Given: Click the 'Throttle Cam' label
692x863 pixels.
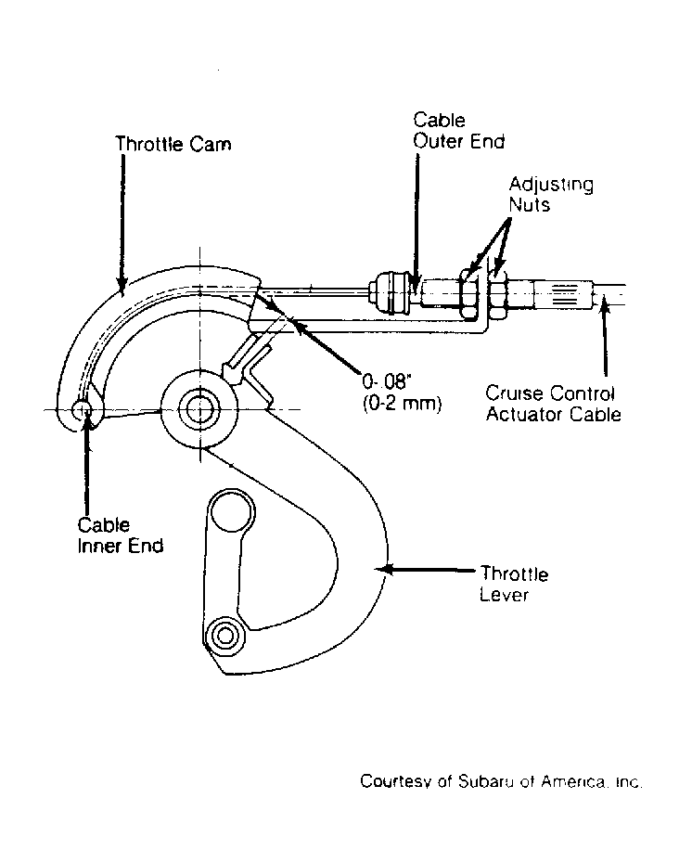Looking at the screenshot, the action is pyautogui.click(x=173, y=144).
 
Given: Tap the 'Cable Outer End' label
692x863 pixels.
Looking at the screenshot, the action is pyautogui.click(x=459, y=131).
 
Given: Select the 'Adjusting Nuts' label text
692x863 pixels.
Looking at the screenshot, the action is pyautogui.click(x=551, y=194).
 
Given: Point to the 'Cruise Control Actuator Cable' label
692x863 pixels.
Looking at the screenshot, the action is pyautogui.click(x=554, y=404).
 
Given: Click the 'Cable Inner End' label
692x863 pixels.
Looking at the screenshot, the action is pyautogui.click(x=121, y=535).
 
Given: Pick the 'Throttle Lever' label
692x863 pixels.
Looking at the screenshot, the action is pyautogui.click(x=514, y=584).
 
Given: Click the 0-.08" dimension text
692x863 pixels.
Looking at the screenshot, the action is pyautogui.click(x=387, y=380).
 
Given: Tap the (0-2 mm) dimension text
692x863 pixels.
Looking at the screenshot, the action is pyautogui.click(x=402, y=404).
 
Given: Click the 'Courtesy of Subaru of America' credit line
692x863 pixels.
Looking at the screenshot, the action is pyautogui.click(x=501, y=781).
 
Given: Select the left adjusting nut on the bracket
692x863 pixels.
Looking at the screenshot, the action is pyautogui.click(x=468, y=294).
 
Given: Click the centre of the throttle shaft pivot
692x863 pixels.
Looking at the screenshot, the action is pyautogui.click(x=199, y=409).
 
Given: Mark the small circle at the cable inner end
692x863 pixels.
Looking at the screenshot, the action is pyautogui.click(x=82, y=409).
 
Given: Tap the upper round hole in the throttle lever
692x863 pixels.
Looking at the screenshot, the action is pyautogui.click(x=232, y=512).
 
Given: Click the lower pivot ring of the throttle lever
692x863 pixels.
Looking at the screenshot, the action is pyautogui.click(x=224, y=636).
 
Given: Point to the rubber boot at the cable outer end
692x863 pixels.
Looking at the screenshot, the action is pyautogui.click(x=391, y=292).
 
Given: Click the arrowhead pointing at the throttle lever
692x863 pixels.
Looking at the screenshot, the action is pyautogui.click(x=386, y=569).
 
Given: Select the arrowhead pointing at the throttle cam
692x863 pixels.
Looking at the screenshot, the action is pyautogui.click(x=122, y=282).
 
